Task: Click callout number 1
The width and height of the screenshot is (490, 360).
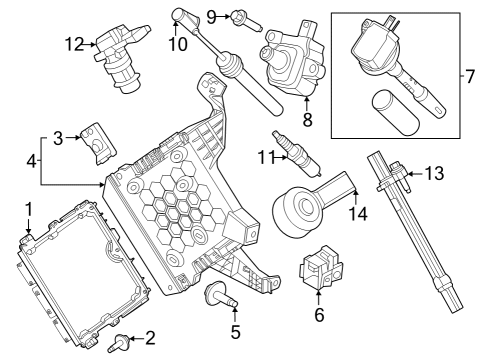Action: pyautogui.click(x=29, y=209)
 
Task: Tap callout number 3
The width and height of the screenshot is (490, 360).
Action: pyautogui.click(x=58, y=137)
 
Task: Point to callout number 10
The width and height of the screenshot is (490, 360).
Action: pyautogui.click(x=178, y=44)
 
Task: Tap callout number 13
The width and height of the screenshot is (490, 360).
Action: pyautogui.click(x=433, y=174)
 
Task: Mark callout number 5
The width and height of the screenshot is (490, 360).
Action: pyautogui.click(x=236, y=333)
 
